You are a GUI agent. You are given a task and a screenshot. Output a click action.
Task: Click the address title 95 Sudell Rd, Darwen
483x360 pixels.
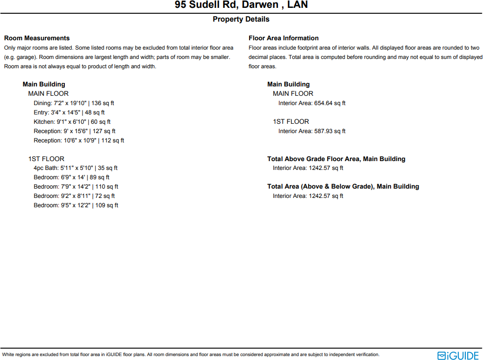(241, 5)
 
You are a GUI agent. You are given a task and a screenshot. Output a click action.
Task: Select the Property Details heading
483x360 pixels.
(241, 19)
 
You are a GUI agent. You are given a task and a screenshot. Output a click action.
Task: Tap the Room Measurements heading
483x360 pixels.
(37, 38)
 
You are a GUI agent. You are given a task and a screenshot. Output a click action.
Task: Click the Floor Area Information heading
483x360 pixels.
(284, 38)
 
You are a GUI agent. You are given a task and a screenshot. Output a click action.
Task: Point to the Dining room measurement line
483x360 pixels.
(74, 103)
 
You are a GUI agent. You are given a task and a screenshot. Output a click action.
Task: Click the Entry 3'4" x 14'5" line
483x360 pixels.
(69, 112)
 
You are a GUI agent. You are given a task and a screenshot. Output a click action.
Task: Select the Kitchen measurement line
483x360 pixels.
(72, 122)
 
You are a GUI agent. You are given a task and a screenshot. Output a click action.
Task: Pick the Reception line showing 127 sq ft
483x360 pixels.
(74, 131)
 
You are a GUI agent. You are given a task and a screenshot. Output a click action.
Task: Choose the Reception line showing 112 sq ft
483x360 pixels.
(79, 140)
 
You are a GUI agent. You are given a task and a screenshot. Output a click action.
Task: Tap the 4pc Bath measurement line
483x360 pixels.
(75, 168)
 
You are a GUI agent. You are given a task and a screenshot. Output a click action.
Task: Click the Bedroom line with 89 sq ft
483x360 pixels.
(71, 177)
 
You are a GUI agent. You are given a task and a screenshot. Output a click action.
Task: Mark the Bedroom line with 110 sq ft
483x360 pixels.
(76, 187)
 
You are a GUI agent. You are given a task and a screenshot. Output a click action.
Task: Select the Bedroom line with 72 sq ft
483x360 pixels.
(74, 196)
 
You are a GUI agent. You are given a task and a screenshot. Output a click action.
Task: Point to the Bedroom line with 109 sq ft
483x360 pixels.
(76, 205)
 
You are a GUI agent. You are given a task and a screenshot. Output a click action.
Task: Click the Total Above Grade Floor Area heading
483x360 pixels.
(336, 159)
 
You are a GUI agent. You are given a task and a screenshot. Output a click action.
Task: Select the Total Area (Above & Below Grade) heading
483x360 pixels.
(343, 186)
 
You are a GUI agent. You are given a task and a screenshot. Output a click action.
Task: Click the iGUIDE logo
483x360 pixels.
(458, 355)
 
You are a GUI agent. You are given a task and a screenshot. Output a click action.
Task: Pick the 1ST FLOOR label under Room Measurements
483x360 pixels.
(46, 159)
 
